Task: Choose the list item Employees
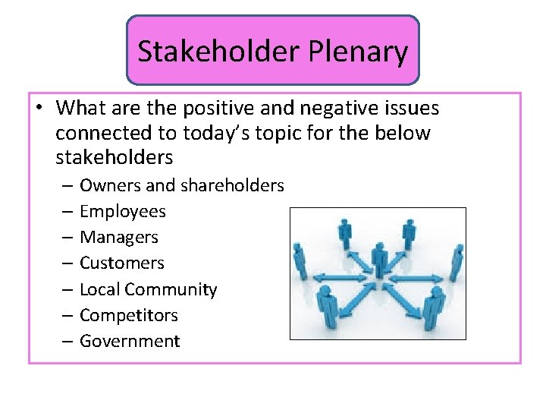[x=122, y=211]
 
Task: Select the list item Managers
[x=118, y=237]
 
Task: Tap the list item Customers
[x=121, y=263]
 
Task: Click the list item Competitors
[x=128, y=315]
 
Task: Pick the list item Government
[x=130, y=341]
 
